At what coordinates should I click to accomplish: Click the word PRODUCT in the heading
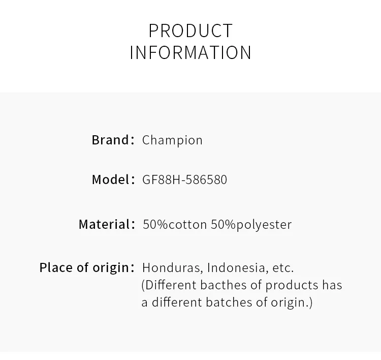coord(190,31)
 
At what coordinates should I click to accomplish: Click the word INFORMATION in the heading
coord(190,52)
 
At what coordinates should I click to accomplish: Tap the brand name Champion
coord(172,140)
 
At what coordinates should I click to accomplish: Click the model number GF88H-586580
coord(185,180)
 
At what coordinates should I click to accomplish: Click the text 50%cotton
coord(175,224)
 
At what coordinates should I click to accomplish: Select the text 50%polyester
coord(251,225)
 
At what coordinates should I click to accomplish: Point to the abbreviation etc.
coord(283,268)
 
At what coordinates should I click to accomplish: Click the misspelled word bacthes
coord(224,285)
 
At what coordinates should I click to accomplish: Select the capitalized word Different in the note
coord(171,285)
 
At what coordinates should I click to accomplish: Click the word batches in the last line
coord(229,303)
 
